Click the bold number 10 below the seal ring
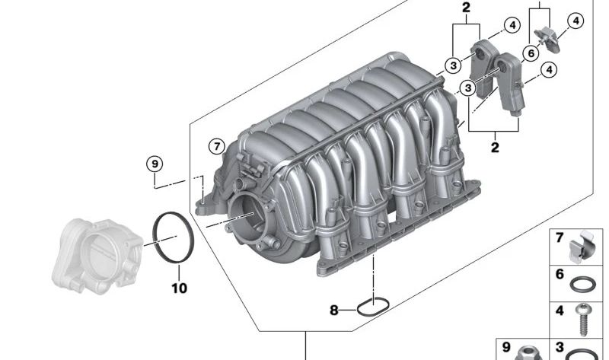[x=179, y=288]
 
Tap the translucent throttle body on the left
[x=95, y=252]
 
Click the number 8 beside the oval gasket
[x=333, y=310]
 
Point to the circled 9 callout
[x=155, y=164]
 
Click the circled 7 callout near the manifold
[x=217, y=145]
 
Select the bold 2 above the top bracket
[x=466, y=8]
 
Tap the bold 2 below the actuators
[x=495, y=148]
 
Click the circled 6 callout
[x=531, y=53]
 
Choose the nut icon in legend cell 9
[x=526, y=354]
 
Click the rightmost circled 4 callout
[x=575, y=21]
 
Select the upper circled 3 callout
[x=454, y=65]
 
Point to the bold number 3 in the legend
[x=560, y=346]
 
